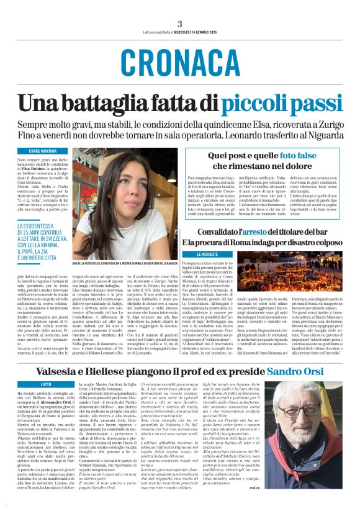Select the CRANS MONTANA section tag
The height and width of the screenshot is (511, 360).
(42, 151)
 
